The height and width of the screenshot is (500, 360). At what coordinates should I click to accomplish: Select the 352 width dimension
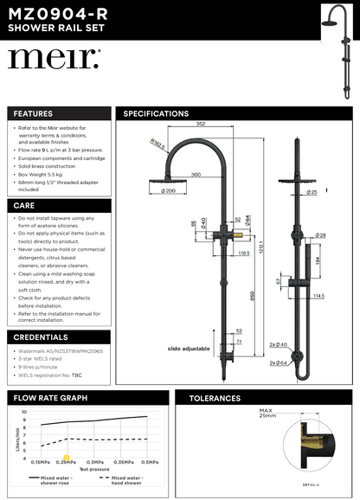click(x=200, y=123)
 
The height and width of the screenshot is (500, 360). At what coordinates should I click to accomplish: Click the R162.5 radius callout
click(x=157, y=145)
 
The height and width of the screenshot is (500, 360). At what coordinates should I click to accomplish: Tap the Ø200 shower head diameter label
click(x=168, y=190)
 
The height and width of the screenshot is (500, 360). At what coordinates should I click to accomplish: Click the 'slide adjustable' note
click(x=189, y=348)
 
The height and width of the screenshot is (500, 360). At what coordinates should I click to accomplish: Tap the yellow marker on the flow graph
click(x=66, y=460)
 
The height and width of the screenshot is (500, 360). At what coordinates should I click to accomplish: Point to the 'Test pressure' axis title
click(x=87, y=470)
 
